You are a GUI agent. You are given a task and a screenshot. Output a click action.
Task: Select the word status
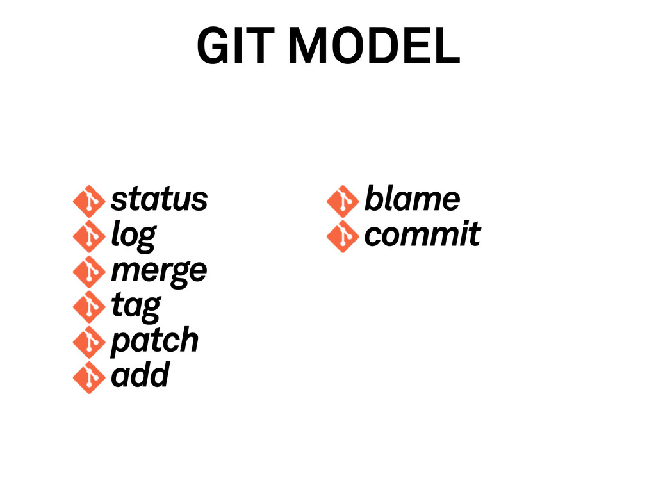tap(159, 199)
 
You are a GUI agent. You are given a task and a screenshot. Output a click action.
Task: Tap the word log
tap(133, 236)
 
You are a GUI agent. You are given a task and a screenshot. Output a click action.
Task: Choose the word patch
tap(155, 340)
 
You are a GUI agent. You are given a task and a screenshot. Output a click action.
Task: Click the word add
tap(140, 375)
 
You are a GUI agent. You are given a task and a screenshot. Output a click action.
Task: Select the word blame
tap(412, 199)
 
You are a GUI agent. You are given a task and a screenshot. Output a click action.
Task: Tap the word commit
tap(422, 234)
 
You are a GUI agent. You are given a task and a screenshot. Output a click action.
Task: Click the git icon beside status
tap(88, 201)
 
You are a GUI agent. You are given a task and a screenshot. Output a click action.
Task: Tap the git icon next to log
tap(88, 236)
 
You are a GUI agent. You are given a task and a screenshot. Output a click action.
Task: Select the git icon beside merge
tap(88, 272)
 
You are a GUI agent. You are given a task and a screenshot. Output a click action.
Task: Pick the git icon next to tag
tap(88, 307)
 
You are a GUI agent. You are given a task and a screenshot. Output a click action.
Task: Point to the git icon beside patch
tap(88, 342)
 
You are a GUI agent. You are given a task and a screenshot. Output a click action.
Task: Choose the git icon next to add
tap(88, 377)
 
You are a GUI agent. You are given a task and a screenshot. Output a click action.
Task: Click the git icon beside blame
tap(342, 201)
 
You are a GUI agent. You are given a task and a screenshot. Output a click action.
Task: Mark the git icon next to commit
tap(342, 236)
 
